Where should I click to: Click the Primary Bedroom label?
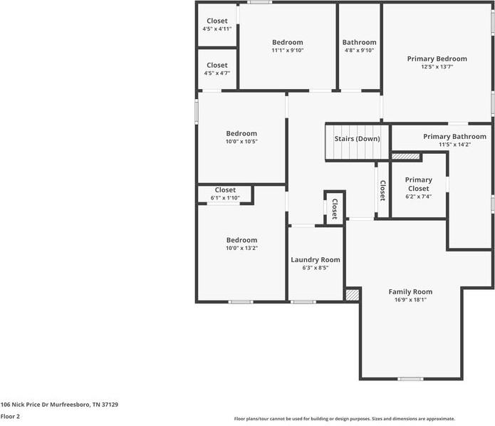(437, 59)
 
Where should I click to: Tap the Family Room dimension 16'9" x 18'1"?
(410, 300)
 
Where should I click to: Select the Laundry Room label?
(315, 260)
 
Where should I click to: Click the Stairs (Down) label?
(357, 139)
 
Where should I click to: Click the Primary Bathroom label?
(454, 137)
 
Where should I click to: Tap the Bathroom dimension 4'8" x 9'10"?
(359, 51)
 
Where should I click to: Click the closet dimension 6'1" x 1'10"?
(225, 198)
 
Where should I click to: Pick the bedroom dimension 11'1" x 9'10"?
(287, 51)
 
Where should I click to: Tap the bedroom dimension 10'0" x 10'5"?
(241, 142)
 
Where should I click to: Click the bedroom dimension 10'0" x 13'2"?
(241, 249)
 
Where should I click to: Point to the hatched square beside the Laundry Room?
(352, 294)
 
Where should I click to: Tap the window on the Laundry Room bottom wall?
(303, 302)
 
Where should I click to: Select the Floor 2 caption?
(10, 416)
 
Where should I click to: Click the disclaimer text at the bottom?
(344, 419)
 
